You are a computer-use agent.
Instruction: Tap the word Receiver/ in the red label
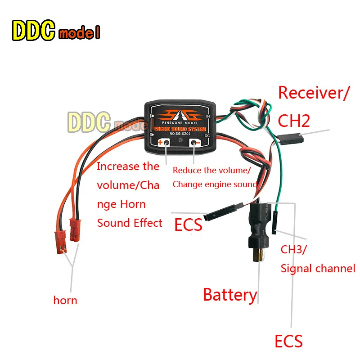tap(314, 93)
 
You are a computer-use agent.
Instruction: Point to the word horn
tap(65, 300)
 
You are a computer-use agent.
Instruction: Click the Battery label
tap(229, 295)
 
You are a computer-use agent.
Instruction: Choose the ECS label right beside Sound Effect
tap(188, 225)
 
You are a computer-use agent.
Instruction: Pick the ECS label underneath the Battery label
tap(288, 341)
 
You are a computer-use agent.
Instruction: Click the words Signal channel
tap(318, 269)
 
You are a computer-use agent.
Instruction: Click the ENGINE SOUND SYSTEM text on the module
tap(179, 128)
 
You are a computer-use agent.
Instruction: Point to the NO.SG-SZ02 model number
tap(179, 134)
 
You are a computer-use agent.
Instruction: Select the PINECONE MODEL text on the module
tap(179, 122)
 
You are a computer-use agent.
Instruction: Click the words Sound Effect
tap(130, 223)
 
